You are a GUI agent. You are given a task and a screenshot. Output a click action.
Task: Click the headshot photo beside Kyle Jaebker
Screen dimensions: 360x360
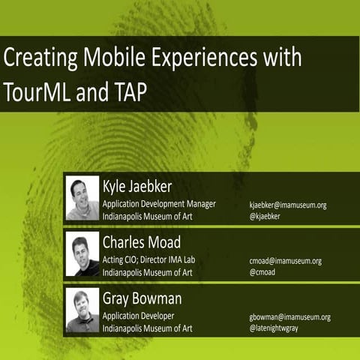pyautogui.click(x=82, y=198)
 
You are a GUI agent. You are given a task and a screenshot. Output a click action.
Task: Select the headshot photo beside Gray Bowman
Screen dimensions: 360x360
pyautogui.click(x=82, y=310)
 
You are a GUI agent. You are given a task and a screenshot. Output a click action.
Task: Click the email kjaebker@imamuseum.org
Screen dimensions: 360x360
pyautogui.click(x=288, y=205)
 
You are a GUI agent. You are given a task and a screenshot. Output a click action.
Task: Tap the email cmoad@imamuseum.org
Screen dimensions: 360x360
pyautogui.click(x=285, y=261)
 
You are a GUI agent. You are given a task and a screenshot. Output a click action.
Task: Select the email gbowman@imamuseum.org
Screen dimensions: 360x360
pyautogui.click(x=289, y=316)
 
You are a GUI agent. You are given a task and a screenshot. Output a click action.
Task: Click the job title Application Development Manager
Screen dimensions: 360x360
pyautogui.click(x=159, y=203)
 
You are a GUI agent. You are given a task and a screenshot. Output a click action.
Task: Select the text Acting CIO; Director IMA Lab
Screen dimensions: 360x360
pyautogui.click(x=154, y=259)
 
